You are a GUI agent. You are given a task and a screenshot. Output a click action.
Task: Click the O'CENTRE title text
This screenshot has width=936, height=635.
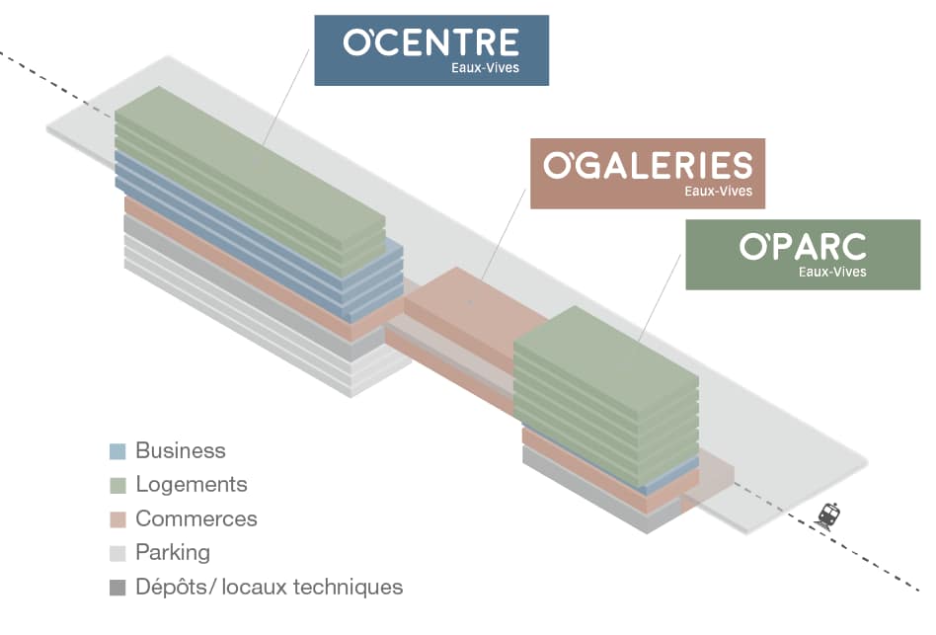pyautogui.click(x=430, y=42)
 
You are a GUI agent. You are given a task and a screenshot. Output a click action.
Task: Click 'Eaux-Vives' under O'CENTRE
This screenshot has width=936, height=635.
pyautogui.click(x=487, y=69)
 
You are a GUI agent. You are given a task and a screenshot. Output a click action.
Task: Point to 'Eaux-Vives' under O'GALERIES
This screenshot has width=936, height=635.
pyautogui.click(x=718, y=192)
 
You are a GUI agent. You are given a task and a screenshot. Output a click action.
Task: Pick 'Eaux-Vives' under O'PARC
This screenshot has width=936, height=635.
pyautogui.click(x=832, y=272)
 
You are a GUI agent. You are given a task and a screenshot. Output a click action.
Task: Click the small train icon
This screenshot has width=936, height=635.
pyautogui.click(x=828, y=516)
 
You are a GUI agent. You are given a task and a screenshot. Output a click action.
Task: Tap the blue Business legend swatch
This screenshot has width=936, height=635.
pyautogui.click(x=117, y=452)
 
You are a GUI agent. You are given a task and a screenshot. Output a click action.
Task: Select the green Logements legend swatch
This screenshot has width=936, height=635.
pyautogui.click(x=117, y=486)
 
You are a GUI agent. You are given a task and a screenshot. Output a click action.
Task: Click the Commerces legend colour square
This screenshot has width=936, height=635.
pyautogui.click(x=117, y=519)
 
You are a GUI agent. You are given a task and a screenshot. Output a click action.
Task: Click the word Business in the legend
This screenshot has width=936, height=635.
pyautogui.click(x=181, y=451)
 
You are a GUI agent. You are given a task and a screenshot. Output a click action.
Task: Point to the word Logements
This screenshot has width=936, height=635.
pyautogui.click(x=192, y=485)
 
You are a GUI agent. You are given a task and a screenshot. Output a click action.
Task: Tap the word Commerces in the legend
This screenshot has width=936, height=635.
pyautogui.click(x=196, y=518)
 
